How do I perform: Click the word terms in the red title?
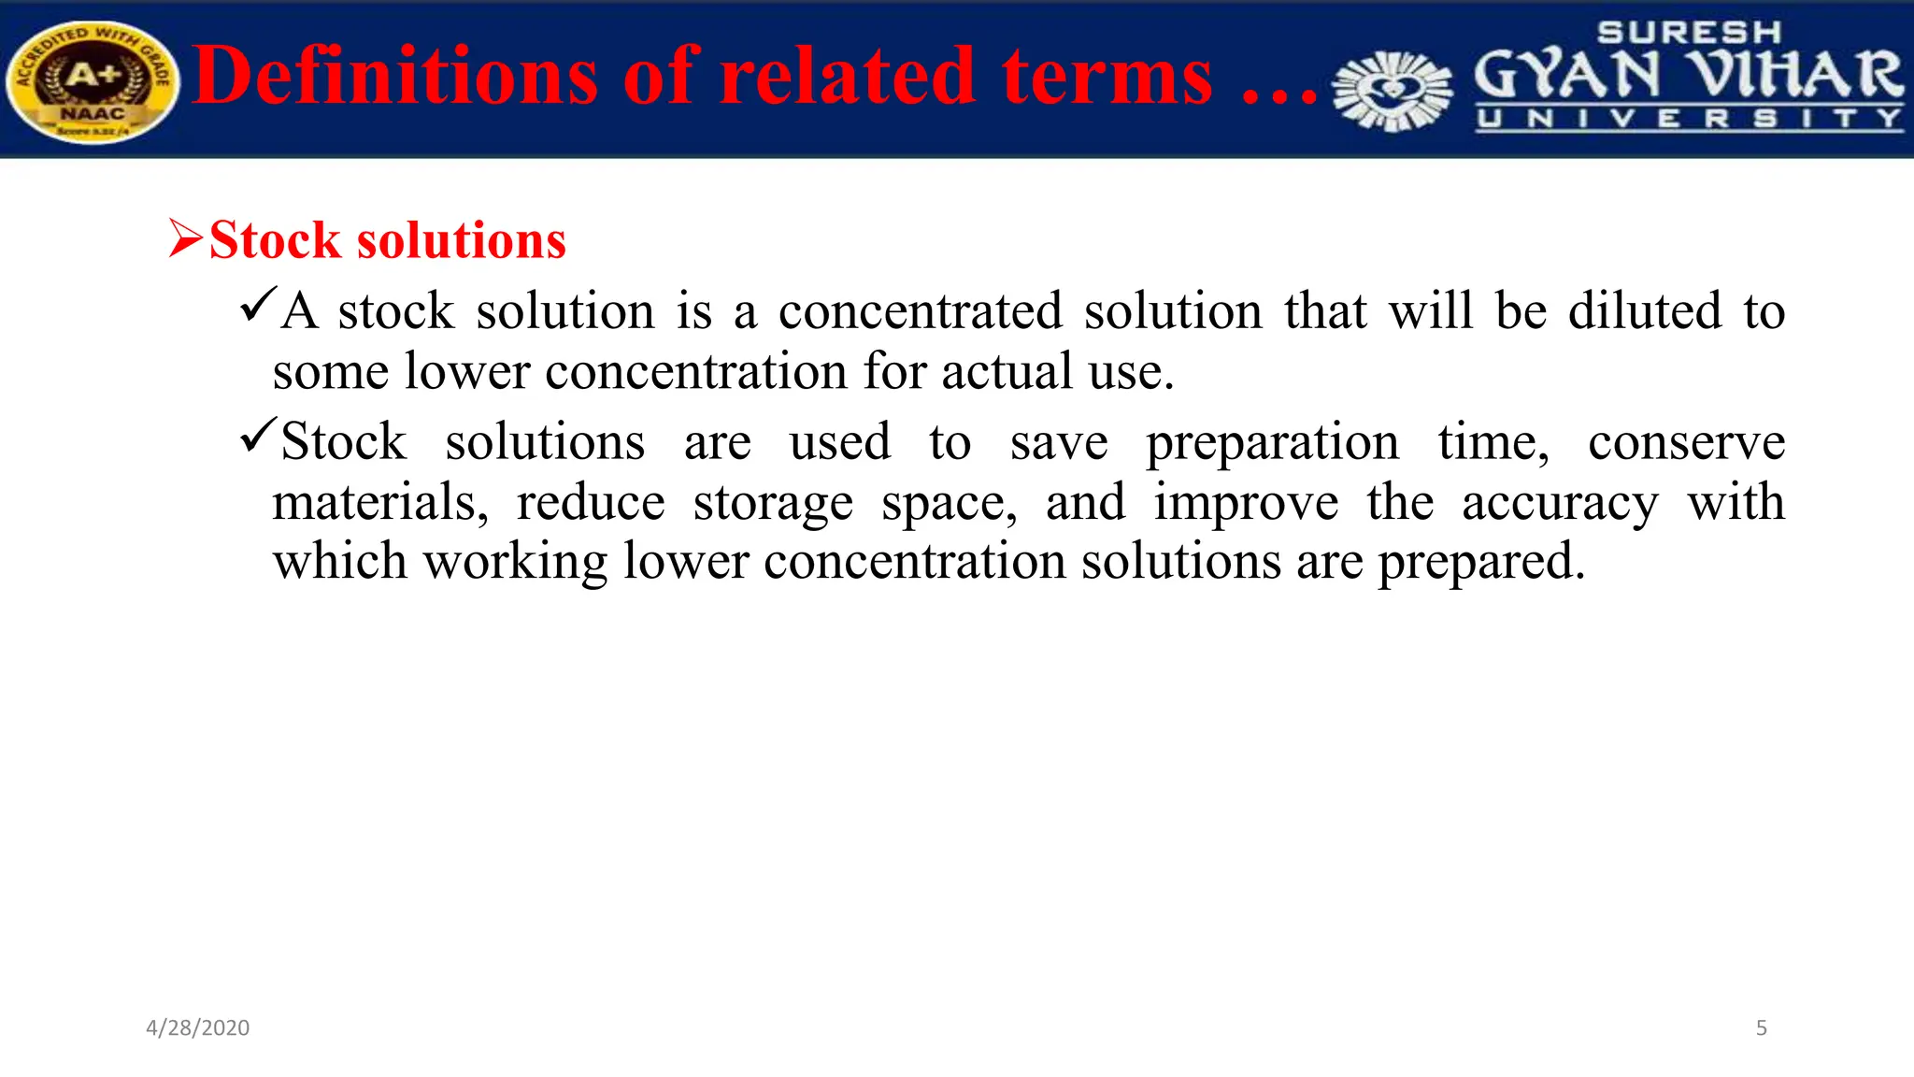coord(1107,76)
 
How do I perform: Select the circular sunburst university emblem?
coord(1393,91)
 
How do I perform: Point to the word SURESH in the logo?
coord(1689,33)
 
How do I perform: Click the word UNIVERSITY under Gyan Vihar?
coord(1689,119)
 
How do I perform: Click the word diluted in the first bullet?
coord(1645,311)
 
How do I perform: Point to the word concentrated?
coord(921,311)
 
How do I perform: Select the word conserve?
coord(1686,442)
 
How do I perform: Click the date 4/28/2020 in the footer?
coord(198,1027)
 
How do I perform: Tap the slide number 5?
coord(1761,1027)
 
